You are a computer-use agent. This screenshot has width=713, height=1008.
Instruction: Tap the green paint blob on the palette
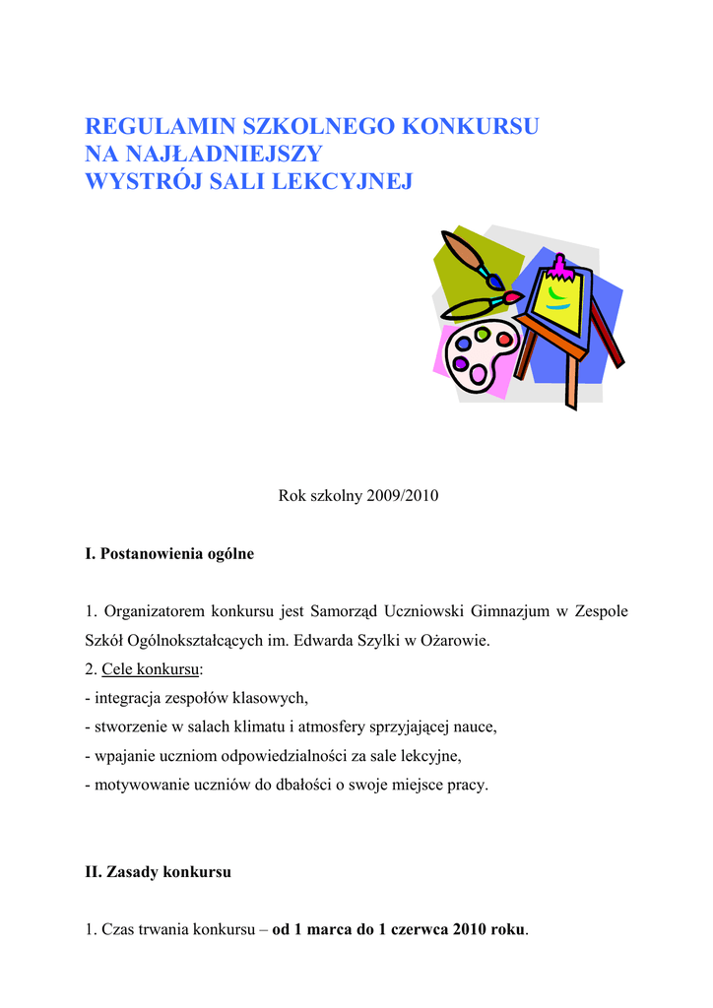tap(482, 334)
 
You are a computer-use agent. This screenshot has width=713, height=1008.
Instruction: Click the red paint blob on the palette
tap(504, 339)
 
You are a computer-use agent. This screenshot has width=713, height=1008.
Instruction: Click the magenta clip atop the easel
tap(559, 264)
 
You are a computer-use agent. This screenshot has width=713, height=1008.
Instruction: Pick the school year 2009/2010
tap(399, 496)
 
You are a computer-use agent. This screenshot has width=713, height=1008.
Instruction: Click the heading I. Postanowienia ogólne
tap(169, 554)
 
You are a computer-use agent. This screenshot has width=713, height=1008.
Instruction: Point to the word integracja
tap(129, 699)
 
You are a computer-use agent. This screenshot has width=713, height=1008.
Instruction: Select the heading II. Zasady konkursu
tap(159, 872)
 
